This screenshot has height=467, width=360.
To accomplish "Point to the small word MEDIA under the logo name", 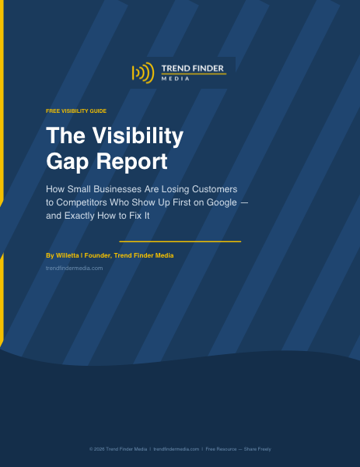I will pyautogui.click(x=172, y=79).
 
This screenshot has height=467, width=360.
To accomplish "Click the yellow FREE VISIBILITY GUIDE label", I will pyautogui.click(x=76, y=112).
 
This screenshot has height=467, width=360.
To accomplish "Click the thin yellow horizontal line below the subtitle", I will pyautogui.click(x=180, y=241).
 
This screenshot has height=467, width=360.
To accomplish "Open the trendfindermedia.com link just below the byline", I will pyautogui.click(x=75, y=268).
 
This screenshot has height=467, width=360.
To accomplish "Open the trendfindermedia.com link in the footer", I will pyautogui.click(x=177, y=449).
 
